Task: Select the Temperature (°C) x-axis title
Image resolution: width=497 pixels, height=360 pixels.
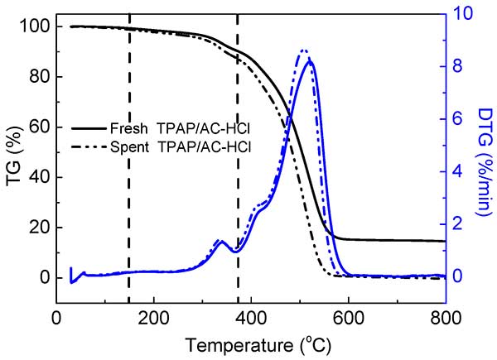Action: [x=251, y=343]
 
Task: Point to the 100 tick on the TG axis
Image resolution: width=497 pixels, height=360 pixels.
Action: [x=36, y=26]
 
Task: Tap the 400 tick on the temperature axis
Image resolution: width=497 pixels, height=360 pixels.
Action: [x=251, y=317]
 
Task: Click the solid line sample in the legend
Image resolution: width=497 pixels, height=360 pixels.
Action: [x=87, y=129]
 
